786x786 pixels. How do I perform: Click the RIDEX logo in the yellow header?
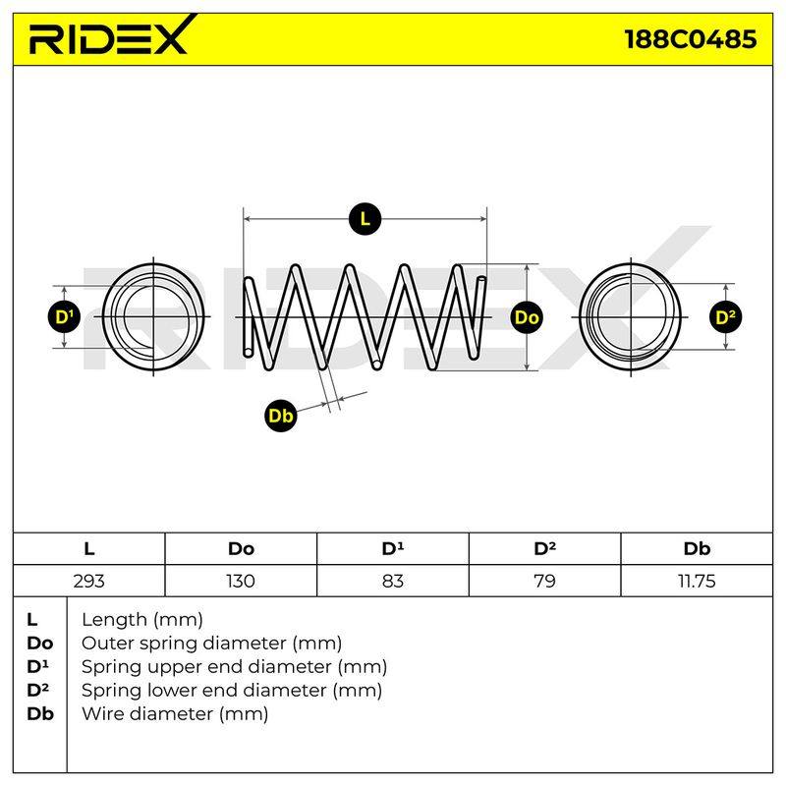[110, 35]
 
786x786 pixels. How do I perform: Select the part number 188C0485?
[691, 39]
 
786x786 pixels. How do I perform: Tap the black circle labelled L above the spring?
[365, 219]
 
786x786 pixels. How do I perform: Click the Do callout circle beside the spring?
[527, 316]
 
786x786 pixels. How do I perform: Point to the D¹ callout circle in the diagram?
[64, 316]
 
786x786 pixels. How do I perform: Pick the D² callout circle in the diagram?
[726, 316]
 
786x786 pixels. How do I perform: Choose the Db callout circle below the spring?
[281, 416]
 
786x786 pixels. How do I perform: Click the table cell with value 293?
[88, 581]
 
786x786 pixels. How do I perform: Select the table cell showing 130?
[241, 581]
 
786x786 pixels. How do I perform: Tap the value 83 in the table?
[392, 581]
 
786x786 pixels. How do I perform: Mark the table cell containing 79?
[544, 581]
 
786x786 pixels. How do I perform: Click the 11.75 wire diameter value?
[697, 581]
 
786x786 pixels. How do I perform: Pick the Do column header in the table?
[241, 549]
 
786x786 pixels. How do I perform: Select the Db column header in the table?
[697, 549]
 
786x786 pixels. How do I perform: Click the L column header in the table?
[88, 549]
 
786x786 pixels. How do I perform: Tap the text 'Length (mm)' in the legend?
[142, 620]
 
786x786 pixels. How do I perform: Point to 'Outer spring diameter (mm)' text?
[211, 644]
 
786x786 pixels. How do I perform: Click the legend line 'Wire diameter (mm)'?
[175, 714]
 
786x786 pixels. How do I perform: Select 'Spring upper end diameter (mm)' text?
[234, 667]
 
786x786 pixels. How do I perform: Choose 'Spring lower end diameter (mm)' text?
[232, 691]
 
